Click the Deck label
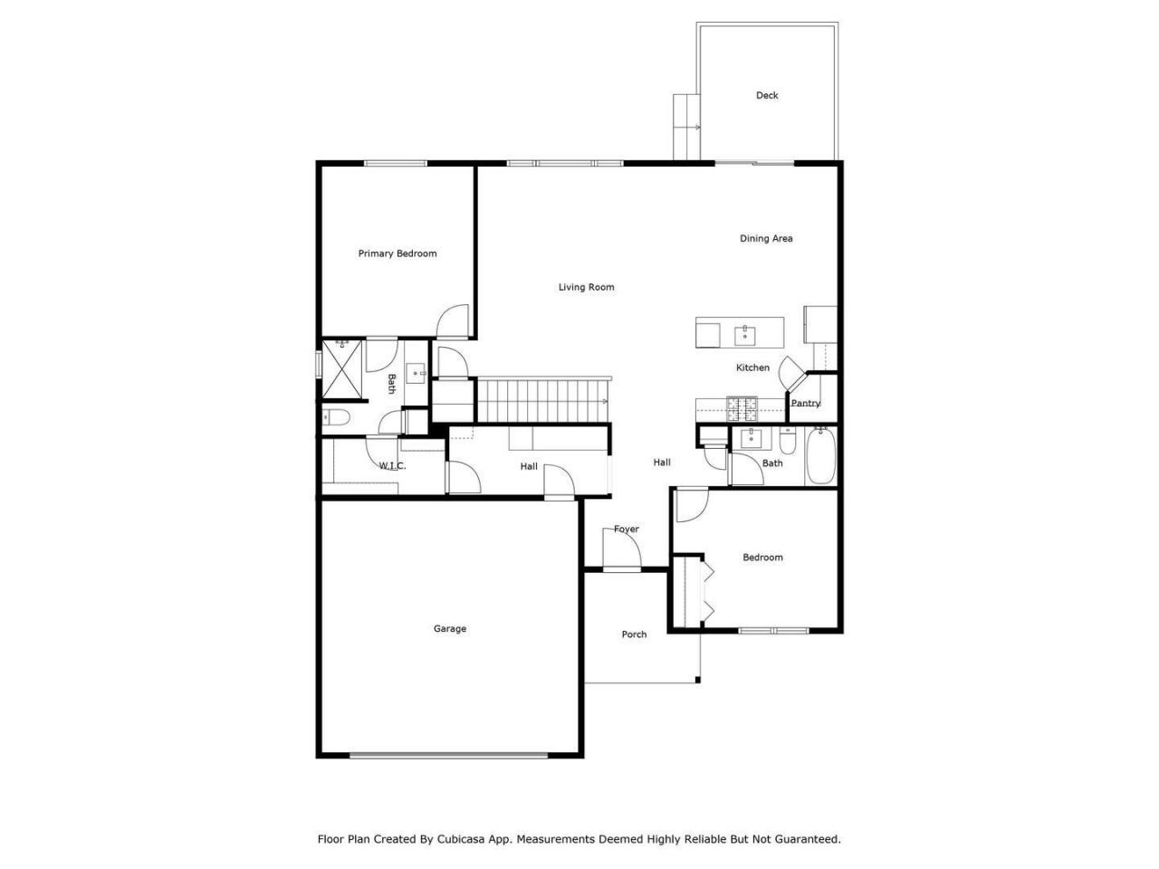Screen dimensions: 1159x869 [x=766, y=95]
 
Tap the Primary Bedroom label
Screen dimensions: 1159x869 [x=398, y=253]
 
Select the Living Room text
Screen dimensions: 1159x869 [x=586, y=287]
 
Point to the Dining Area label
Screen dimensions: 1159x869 [x=766, y=238]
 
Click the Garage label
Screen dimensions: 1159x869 [x=449, y=628]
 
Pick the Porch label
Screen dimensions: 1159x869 [x=634, y=635]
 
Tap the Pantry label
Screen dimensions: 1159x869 [x=805, y=403]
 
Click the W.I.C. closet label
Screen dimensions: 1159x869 [x=392, y=465]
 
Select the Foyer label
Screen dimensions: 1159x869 [x=627, y=529]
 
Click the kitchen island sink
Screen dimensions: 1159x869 [x=744, y=335]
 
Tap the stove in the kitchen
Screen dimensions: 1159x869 [x=742, y=408]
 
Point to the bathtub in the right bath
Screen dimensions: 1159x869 [x=820, y=456]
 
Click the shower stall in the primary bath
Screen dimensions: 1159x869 [x=341, y=369]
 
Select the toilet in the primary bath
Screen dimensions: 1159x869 [x=336, y=417]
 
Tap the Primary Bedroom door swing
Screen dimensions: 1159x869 [x=453, y=320]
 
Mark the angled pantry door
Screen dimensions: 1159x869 [x=791, y=373]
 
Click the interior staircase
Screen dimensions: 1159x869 [x=543, y=400]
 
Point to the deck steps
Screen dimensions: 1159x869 [x=686, y=127]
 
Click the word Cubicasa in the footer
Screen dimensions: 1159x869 [x=458, y=838]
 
